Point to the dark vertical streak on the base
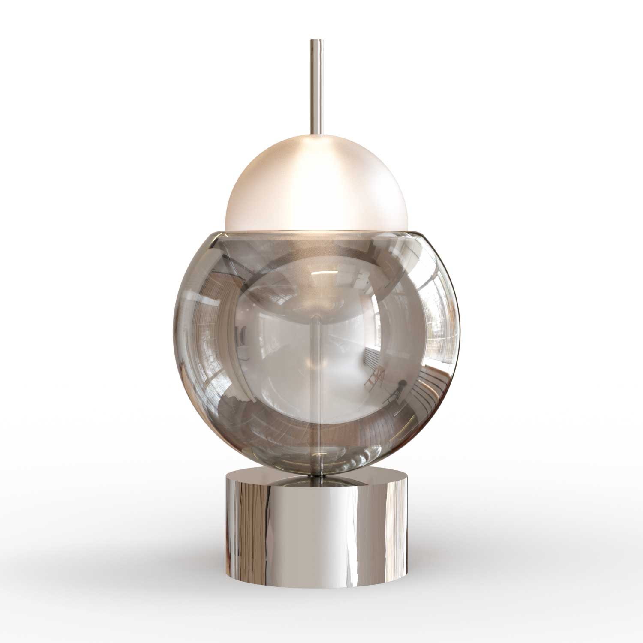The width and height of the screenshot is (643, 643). point(240,514)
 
